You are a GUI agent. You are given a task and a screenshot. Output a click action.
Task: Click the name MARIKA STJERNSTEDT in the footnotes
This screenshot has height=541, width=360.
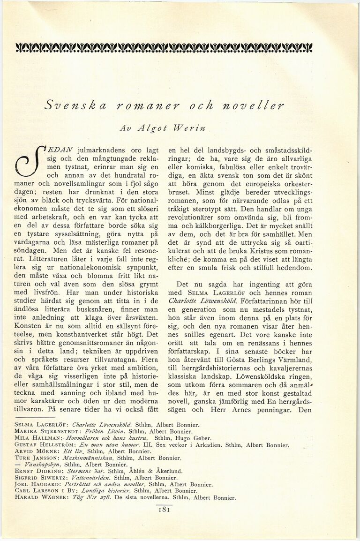pyautogui.click(x=45, y=431)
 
